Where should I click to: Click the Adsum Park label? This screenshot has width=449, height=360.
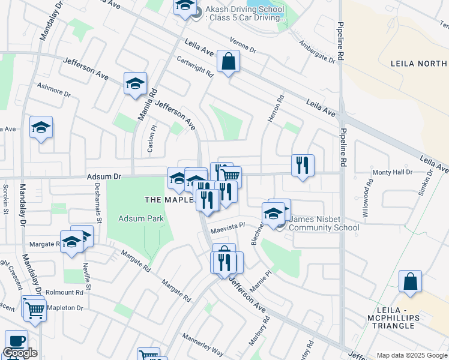[141, 219]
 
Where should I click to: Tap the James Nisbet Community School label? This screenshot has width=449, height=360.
[324, 223]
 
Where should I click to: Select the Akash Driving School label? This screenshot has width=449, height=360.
[245, 14]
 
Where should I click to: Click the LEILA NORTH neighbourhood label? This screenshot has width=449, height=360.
[418, 63]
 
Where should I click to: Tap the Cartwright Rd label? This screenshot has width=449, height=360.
[196, 67]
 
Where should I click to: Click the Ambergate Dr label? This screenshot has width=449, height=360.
[316, 50]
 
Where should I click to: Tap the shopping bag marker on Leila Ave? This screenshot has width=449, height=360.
[229, 61]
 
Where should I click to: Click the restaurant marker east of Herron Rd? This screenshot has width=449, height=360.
[303, 165]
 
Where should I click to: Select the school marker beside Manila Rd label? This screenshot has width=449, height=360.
[136, 83]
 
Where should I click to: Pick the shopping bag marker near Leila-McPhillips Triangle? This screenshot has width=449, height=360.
[410, 281]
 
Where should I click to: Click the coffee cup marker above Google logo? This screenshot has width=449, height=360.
[16, 340]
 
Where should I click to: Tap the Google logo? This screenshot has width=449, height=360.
[20, 353]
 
